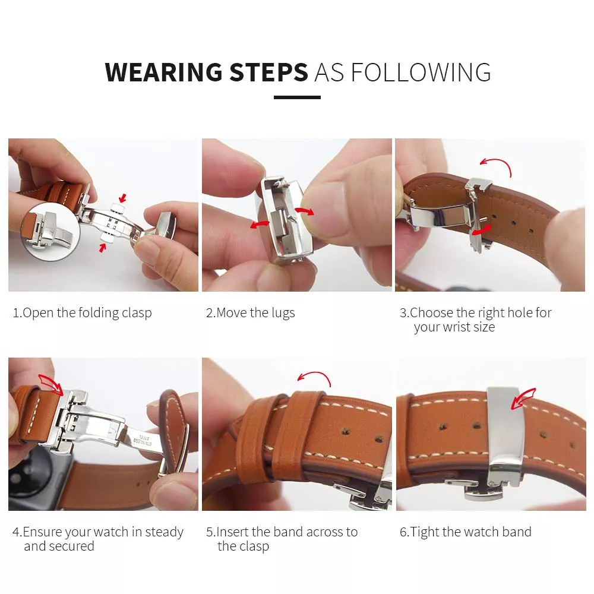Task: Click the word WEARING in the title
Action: [x=163, y=72]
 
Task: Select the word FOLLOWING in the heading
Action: [x=421, y=72]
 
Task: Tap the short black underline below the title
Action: [x=297, y=97]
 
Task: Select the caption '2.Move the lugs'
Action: [x=250, y=313]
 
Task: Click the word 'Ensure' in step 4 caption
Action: [x=42, y=532]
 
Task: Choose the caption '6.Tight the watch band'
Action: [x=465, y=532]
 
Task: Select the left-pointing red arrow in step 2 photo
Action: [x=260, y=224]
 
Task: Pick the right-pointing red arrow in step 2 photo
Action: [x=306, y=211]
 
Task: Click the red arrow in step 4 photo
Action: [x=51, y=383]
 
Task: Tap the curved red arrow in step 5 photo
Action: [x=314, y=378]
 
